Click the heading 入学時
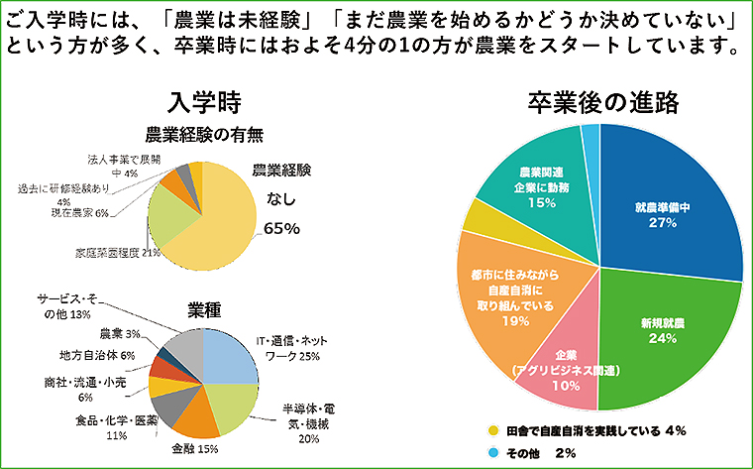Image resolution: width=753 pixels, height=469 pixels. point(205,103)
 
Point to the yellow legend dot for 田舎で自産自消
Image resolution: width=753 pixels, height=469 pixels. point(493,431)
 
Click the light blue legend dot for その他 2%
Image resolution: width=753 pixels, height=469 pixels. point(493,452)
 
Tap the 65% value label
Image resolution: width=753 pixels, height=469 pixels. point(282,228)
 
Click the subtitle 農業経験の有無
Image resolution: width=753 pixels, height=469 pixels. point(204,135)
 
